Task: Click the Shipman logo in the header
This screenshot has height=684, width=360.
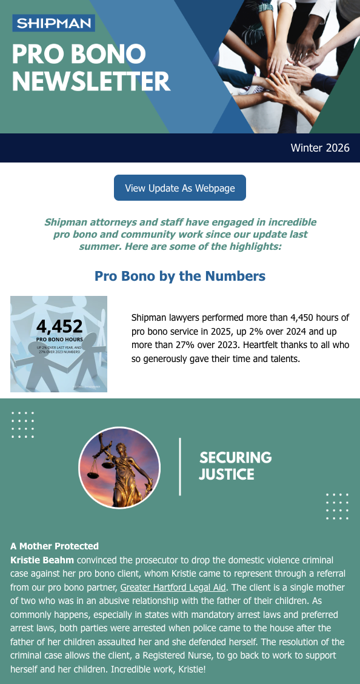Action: click(53, 24)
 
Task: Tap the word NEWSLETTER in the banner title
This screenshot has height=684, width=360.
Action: click(91, 81)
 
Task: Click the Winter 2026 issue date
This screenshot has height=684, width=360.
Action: click(320, 148)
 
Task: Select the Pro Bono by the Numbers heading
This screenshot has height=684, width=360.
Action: click(180, 277)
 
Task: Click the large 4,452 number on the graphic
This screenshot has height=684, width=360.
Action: click(59, 326)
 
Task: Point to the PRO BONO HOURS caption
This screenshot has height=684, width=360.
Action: click(59, 340)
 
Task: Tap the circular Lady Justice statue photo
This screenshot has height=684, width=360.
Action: click(119, 467)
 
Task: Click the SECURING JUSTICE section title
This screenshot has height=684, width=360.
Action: click(235, 466)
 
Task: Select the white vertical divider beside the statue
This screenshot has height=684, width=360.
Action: click(180, 466)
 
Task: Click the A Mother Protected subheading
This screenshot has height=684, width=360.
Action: click(55, 546)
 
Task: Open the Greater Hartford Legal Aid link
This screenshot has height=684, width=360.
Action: click(173, 587)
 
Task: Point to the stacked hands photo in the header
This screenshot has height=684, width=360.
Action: click(285, 61)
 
